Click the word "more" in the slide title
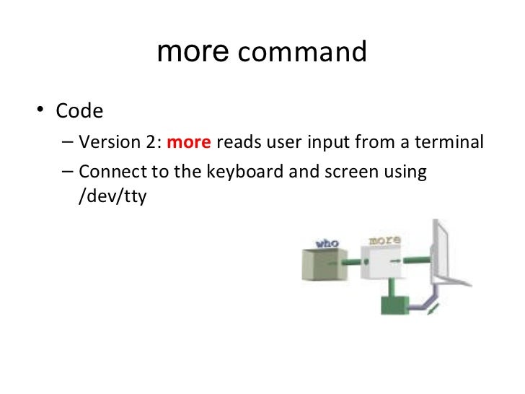pyautogui.click(x=193, y=53)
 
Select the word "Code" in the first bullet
pyautogui.click(x=80, y=112)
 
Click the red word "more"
pyautogui.click(x=188, y=142)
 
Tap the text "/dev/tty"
pyautogui.click(x=112, y=196)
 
